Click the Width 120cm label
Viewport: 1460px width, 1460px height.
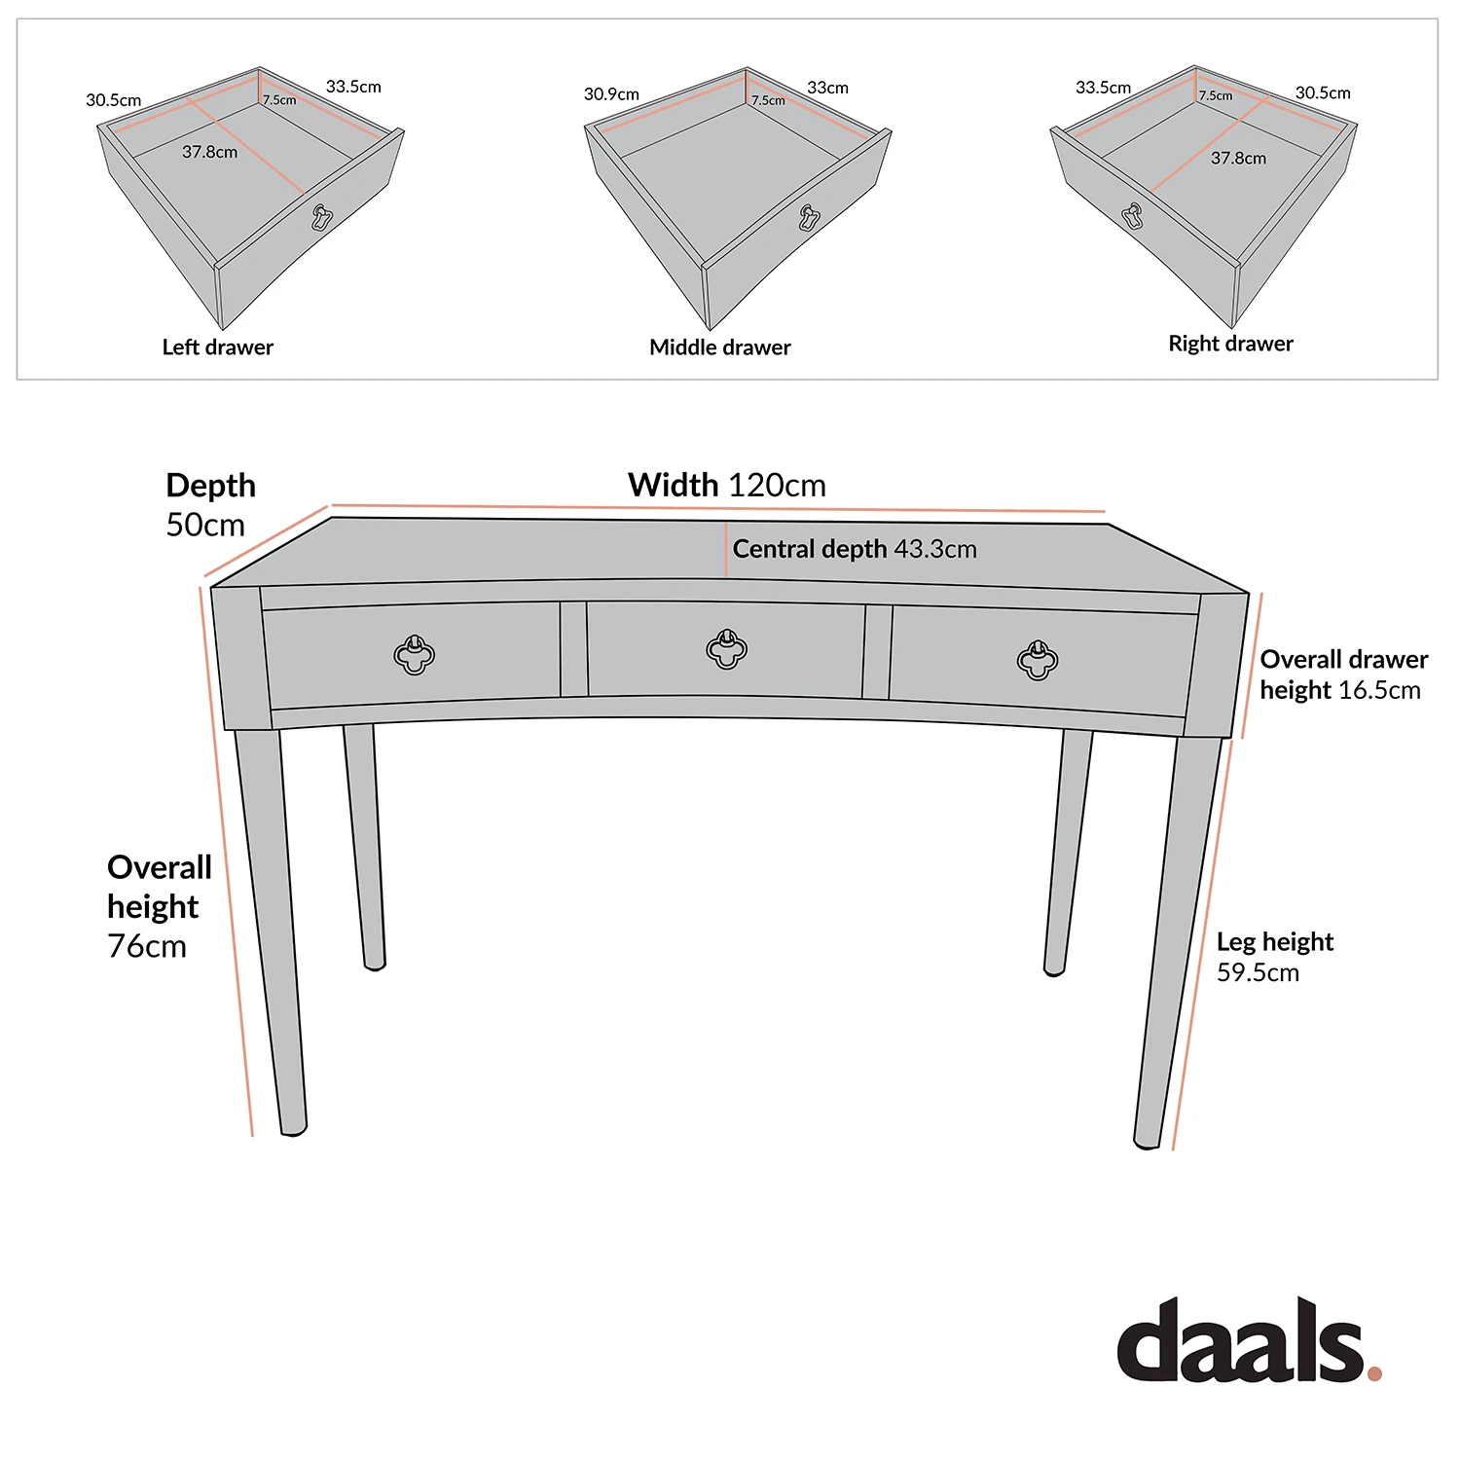726,485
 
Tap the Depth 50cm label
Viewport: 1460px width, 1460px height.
210,505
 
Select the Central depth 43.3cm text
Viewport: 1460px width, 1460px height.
854,549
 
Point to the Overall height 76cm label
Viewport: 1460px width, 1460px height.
159,906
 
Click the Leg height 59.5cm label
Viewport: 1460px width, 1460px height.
1274,957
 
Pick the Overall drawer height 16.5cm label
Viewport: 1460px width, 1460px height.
1343,675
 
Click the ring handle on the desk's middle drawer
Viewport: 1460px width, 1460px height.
726,649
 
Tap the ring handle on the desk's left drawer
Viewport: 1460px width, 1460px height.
415,655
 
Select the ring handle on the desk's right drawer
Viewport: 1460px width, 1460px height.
1038,660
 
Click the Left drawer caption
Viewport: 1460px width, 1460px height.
217,347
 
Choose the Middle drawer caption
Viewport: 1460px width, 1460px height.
719,347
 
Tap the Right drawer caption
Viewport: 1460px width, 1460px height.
1230,344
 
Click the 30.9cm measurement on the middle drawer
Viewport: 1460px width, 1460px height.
611,94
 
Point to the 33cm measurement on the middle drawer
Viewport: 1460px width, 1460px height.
827,88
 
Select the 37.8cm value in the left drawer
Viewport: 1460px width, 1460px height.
209,152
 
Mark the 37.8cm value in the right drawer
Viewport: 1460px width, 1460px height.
1238,158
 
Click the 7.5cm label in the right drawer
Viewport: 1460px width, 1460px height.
1215,95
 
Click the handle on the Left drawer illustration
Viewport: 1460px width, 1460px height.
322,217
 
